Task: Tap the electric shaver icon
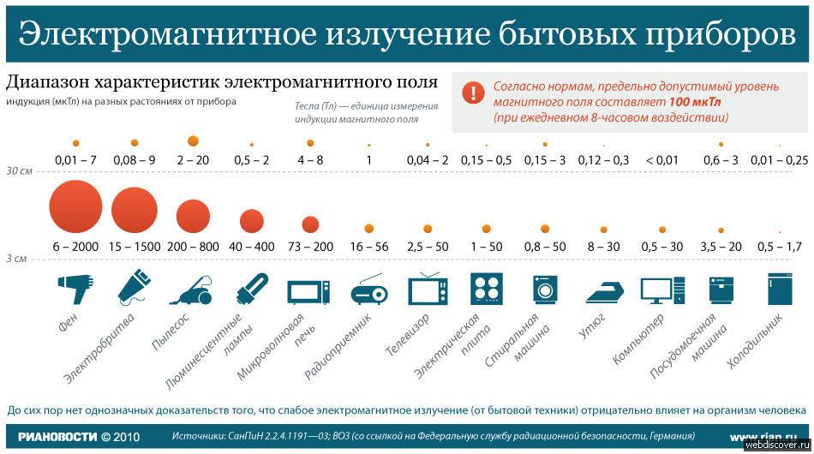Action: tap(134, 289)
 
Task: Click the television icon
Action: tap(427, 290)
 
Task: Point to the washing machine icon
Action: tap(545, 290)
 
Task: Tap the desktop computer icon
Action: tap(662, 290)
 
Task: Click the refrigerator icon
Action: tap(779, 290)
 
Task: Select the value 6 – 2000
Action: tap(75, 247)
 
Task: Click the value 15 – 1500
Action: tap(135, 247)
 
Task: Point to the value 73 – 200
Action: tap(310, 247)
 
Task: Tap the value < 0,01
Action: tap(661, 160)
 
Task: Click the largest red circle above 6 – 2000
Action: tap(75, 207)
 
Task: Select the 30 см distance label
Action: tap(19, 171)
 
